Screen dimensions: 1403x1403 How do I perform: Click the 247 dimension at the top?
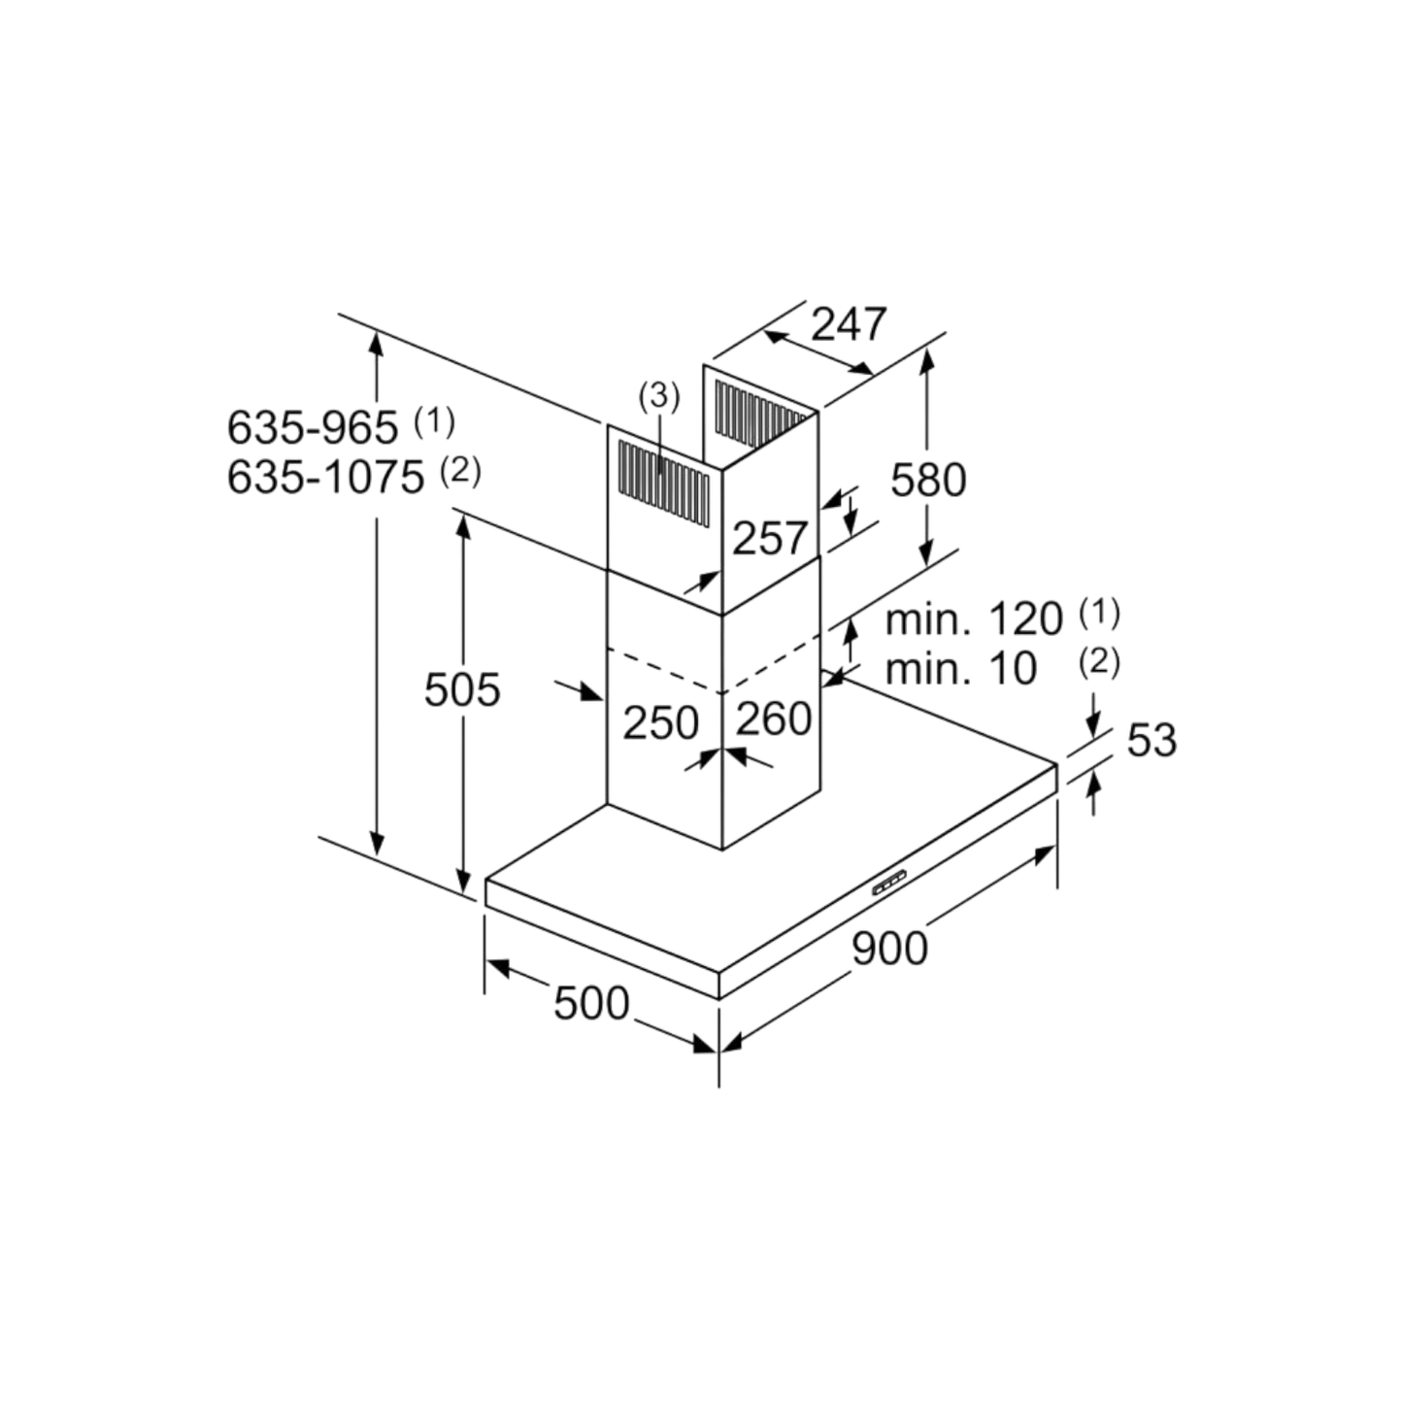(x=849, y=324)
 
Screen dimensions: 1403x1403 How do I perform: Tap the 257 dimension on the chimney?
(x=770, y=538)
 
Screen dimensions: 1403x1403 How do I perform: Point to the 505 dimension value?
(x=462, y=689)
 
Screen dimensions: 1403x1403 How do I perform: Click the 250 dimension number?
(x=660, y=723)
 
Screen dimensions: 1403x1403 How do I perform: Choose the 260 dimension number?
(x=773, y=718)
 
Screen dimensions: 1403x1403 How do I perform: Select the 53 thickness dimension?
(x=1152, y=741)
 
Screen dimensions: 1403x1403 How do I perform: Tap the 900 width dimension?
(x=889, y=949)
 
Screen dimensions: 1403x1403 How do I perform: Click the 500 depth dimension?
(x=591, y=1003)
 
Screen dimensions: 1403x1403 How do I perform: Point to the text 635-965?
(x=313, y=427)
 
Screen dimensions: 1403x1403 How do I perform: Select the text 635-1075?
(x=325, y=478)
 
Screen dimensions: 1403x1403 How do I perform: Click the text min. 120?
(x=974, y=619)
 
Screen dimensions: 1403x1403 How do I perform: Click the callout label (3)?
(x=658, y=396)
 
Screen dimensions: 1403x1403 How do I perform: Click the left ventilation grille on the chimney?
(x=663, y=482)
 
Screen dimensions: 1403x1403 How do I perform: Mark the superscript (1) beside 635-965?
(x=434, y=421)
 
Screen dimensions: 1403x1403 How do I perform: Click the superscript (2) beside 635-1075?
(x=460, y=472)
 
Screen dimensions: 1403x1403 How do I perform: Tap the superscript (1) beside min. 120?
(x=1099, y=614)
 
